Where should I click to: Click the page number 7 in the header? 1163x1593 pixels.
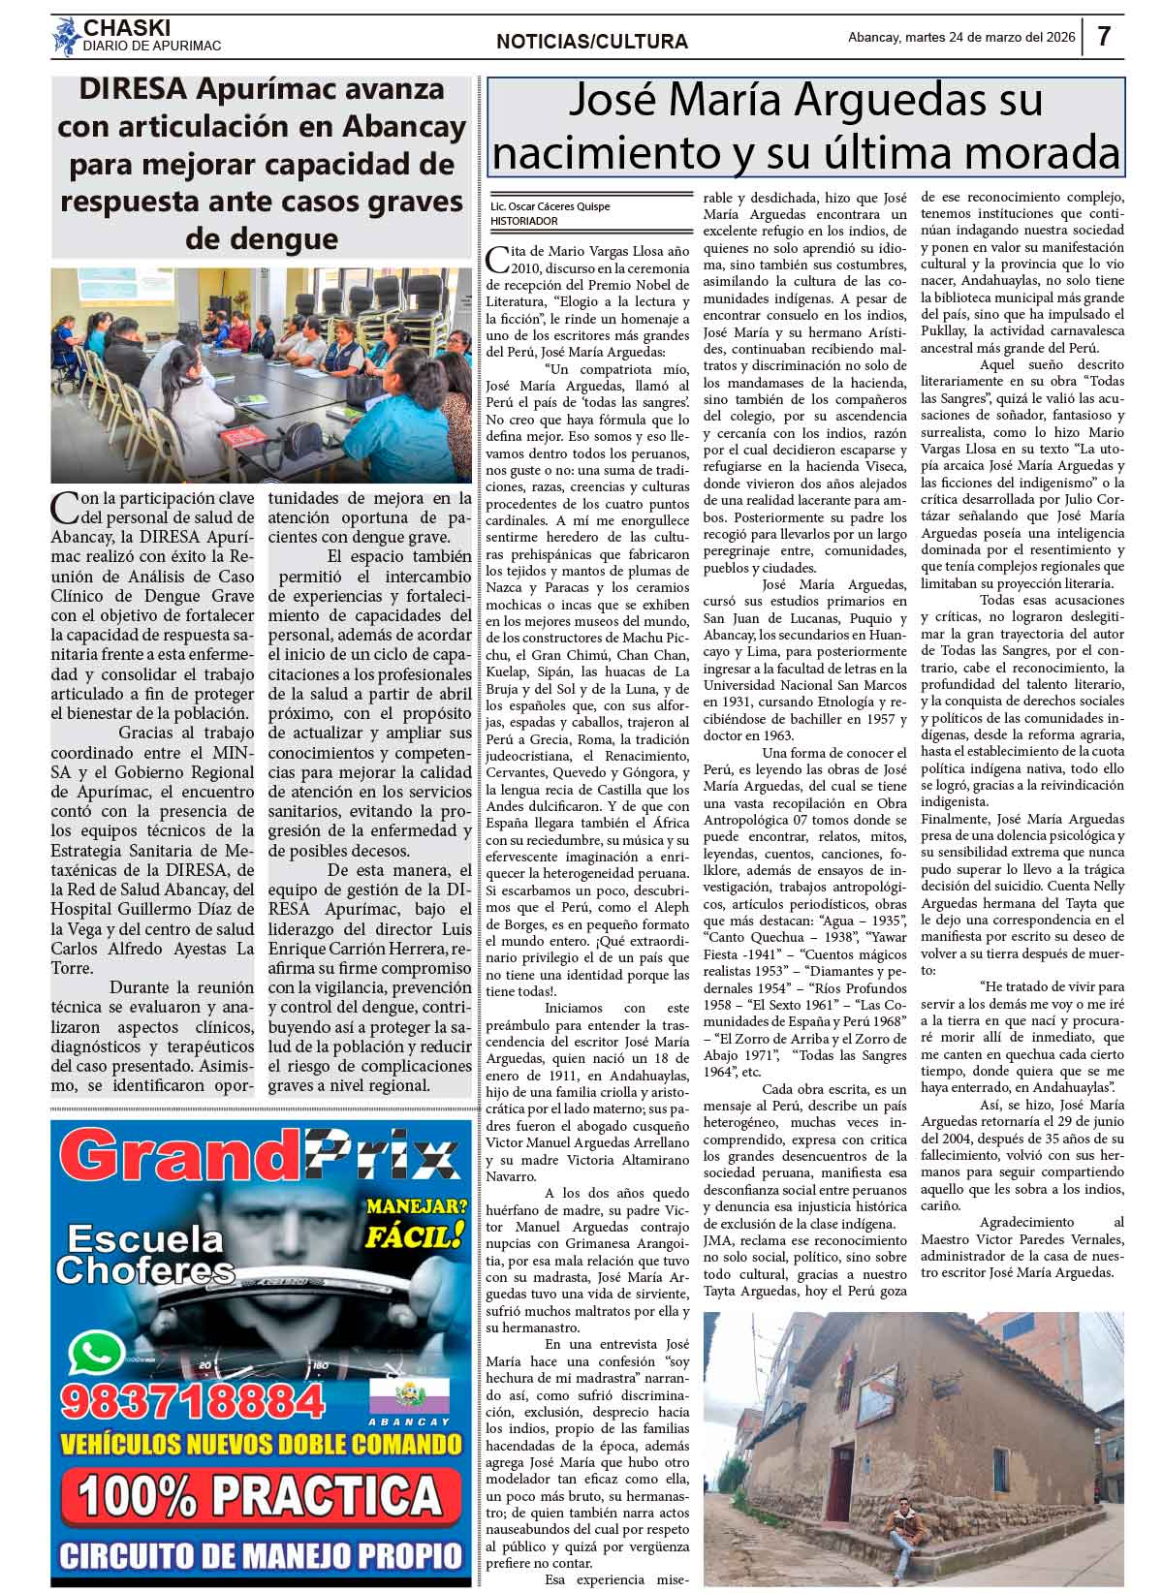tap(1104, 37)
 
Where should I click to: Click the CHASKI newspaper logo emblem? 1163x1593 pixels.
tap(66, 37)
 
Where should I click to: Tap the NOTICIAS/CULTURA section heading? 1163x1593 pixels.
tap(591, 42)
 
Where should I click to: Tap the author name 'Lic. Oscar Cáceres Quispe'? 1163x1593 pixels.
tap(550, 206)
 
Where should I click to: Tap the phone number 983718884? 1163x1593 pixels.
tap(192, 1401)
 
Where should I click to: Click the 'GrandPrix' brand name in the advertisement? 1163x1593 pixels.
tap(260, 1157)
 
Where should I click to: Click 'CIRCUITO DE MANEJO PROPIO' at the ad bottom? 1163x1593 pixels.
tap(261, 1555)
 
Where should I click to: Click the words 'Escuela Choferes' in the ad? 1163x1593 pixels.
tap(145, 1255)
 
